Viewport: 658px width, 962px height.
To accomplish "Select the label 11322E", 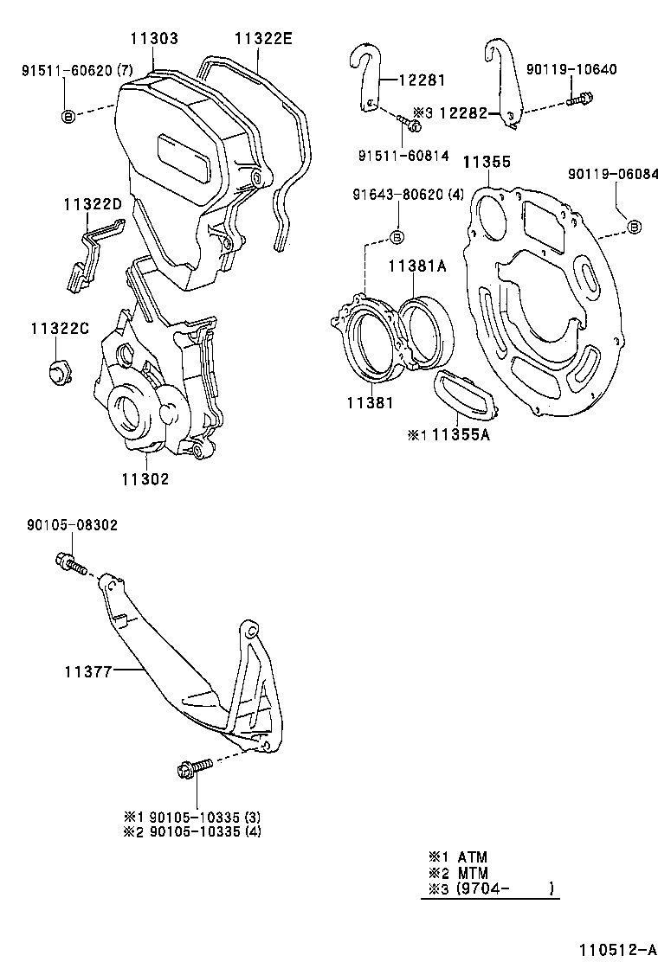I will pos(263,39).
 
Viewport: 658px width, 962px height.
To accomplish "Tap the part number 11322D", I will pos(93,204).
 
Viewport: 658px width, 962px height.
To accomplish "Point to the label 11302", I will pos(145,478).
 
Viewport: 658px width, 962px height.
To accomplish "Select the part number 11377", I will pos(87,670).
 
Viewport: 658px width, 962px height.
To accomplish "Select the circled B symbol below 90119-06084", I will pos(633,227).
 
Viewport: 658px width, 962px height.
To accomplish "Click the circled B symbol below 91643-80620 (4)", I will pos(397,237).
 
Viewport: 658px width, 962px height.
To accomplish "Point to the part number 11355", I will pos(486,162).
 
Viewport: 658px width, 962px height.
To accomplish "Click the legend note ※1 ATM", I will pos(458,857).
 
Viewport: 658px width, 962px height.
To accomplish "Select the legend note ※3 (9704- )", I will pos(490,888).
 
